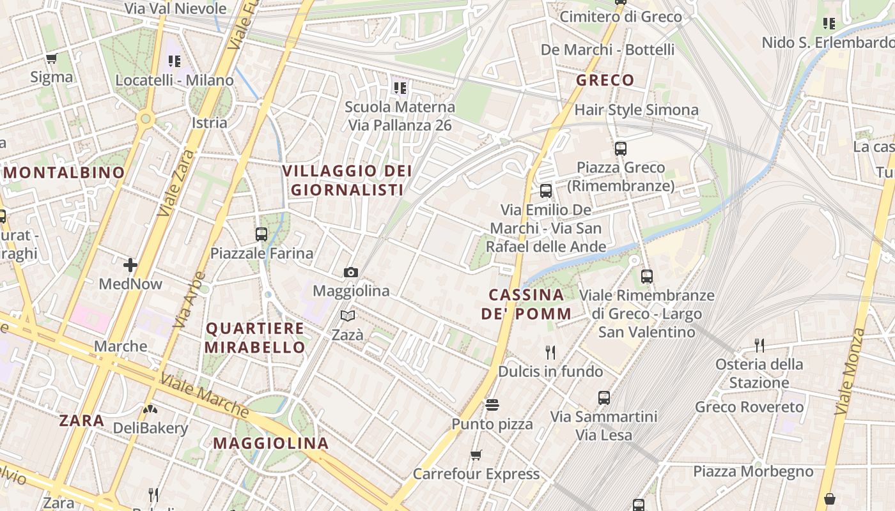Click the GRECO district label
pyautogui.click(x=605, y=80)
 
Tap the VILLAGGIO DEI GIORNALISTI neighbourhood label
pyautogui.click(x=347, y=180)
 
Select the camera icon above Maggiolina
pyautogui.click(x=350, y=273)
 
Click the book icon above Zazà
pyautogui.click(x=348, y=316)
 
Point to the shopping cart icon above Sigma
pyautogui.click(x=52, y=59)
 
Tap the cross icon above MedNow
pyautogui.click(x=130, y=264)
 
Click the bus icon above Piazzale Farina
pyautogui.click(x=261, y=234)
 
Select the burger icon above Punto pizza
pyautogui.click(x=492, y=405)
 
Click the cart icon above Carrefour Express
pyautogui.click(x=476, y=455)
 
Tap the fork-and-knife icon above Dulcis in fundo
pyautogui.click(x=550, y=352)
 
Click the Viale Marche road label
pyautogui.click(x=204, y=395)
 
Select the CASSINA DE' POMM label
pyautogui.click(x=526, y=304)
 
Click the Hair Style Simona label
pyautogui.click(x=636, y=110)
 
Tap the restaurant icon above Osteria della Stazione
pyautogui.click(x=759, y=346)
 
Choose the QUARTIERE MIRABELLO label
pyautogui.click(x=255, y=338)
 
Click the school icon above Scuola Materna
pyautogui.click(x=400, y=88)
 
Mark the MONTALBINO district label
pyautogui.click(x=65, y=172)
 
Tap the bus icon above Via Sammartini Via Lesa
pyautogui.click(x=604, y=397)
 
